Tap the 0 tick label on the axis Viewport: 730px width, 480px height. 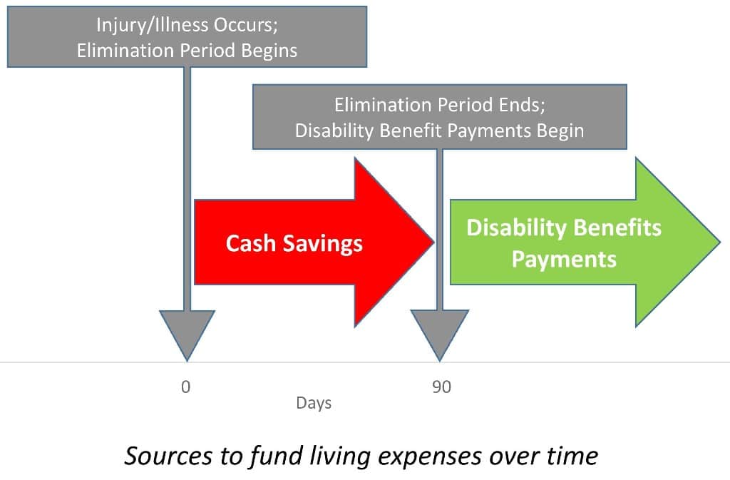coord(186,387)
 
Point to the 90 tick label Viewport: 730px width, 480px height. coord(441,387)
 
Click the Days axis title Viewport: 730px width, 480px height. coord(314,403)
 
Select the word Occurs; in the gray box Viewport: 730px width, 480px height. coord(245,25)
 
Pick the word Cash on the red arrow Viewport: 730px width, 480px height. coord(250,243)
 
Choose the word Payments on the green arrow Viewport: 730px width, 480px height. coord(564,260)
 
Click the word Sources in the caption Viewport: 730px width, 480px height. coord(168,455)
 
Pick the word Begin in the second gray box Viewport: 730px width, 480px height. coord(560,131)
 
